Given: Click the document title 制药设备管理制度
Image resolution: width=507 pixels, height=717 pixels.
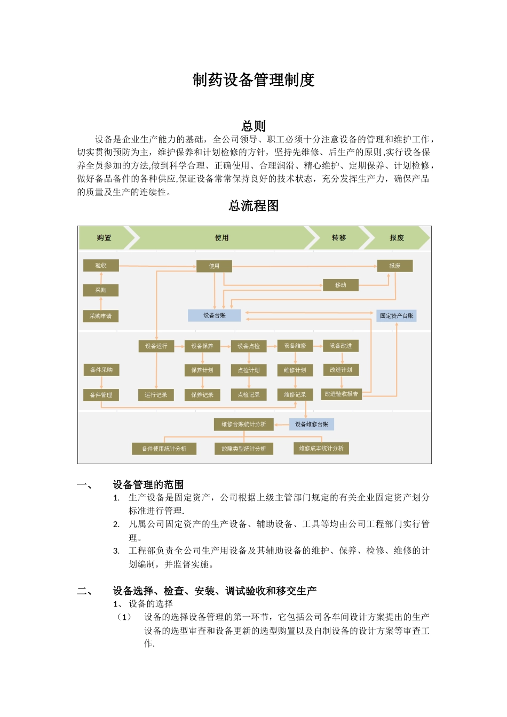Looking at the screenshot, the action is pos(253,80).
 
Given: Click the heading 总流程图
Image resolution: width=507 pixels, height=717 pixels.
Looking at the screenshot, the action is pos(253,206).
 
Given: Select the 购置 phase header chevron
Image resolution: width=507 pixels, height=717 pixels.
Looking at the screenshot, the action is pos(104,238).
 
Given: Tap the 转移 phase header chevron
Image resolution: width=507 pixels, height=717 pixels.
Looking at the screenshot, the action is pos(338,238).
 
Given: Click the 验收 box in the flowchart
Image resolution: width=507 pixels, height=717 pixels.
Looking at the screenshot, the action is pos(101,265).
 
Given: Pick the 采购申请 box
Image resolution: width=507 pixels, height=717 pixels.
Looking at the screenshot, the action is pos(101,316).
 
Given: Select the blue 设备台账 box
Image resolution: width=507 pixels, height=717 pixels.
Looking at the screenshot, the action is pos(215,315).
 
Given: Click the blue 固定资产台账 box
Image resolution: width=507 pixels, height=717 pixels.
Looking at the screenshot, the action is pos(397,315).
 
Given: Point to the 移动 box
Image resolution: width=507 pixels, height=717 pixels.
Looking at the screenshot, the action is pos(340,285).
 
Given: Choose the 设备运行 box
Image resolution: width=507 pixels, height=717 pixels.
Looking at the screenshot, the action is pos(156,346).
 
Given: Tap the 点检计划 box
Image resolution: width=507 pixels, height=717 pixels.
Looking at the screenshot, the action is pos(249,370).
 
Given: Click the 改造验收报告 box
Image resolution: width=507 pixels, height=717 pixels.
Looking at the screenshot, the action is pos(342,394).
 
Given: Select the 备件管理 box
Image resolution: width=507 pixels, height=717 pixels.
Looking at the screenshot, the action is pos(101,395).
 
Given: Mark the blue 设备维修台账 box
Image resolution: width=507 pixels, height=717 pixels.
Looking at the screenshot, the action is pos(312,424).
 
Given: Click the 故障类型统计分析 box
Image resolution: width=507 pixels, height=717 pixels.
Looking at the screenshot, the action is pos(244,449).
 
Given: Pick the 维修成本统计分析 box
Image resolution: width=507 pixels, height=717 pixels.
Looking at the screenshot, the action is pos(321,448).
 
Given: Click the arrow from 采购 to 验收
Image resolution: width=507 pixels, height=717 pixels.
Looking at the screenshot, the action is pos(101,277).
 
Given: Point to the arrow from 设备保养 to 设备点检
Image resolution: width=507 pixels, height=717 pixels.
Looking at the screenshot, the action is pos(226,346).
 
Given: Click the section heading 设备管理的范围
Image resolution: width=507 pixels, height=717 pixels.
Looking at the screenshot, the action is pos(148,484).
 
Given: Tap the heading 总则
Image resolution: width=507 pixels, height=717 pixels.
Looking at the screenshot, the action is pos(253,126).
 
